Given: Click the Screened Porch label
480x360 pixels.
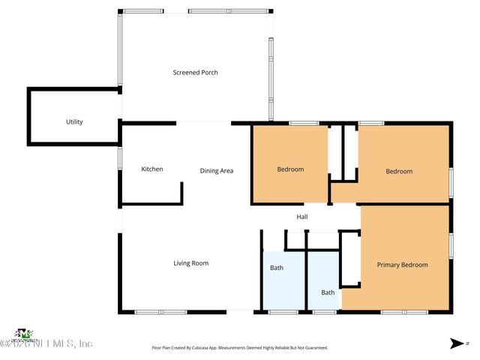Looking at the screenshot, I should click(195, 73).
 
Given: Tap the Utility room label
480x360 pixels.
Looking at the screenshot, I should click(74, 122).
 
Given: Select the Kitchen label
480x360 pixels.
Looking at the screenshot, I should click(152, 169).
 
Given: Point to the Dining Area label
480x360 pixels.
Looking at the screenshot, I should click(217, 171).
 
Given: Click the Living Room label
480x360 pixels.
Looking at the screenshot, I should click(191, 263).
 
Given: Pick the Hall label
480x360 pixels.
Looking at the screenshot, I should click(302, 217).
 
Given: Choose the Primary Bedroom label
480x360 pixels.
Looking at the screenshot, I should click(402, 265).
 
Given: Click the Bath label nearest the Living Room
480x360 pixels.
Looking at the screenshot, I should click(277, 268).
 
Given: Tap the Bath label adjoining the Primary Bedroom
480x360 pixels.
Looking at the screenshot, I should click(328, 292).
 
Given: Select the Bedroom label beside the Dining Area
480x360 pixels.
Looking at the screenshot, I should click(290, 169).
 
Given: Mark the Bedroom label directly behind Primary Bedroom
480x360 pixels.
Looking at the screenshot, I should click(399, 171).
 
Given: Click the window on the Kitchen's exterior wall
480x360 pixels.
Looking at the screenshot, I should click(119, 158).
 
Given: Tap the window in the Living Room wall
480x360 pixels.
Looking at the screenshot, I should click(160, 311).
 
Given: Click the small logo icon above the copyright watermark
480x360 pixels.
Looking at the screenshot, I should click(25, 332).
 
